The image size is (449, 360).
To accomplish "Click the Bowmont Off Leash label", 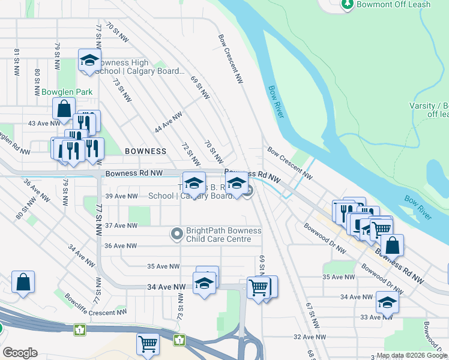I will tap(394, 4).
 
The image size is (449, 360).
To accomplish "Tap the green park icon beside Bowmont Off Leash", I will tap(347, 4).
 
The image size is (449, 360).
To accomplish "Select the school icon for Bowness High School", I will tap(89, 61).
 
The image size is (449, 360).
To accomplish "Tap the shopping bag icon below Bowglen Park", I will tap(64, 109).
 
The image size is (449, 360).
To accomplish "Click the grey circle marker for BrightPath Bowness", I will tap(176, 235).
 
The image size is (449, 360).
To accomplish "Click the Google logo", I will tap(20, 353).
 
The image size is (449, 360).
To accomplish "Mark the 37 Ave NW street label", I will tap(121, 226).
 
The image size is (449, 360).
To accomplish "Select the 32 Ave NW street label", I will tap(309, 337).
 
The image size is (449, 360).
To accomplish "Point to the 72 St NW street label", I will tap(191, 155).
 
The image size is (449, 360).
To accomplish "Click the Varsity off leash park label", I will tap(429, 109).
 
